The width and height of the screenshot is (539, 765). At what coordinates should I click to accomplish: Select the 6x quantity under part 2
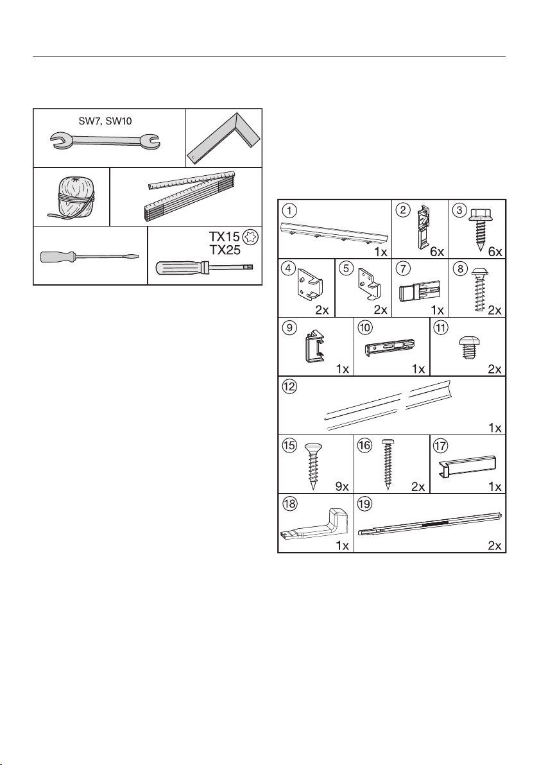tap(437, 252)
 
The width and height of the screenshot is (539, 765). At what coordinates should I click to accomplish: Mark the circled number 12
tap(290, 386)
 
